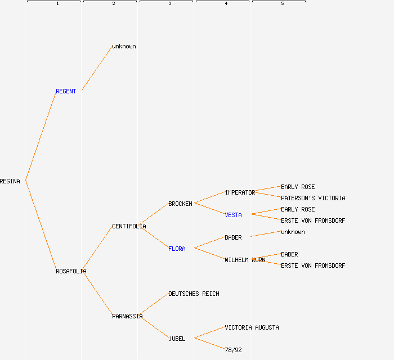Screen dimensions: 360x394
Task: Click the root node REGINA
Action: [10, 181]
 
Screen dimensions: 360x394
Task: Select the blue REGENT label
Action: [66, 91]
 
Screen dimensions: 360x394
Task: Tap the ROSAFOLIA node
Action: [71, 271]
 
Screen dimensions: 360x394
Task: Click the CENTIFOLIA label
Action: [129, 226]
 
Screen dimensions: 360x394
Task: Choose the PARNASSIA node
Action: [127, 316]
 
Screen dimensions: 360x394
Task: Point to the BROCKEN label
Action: [180, 204]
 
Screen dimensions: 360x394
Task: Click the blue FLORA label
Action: [177, 249]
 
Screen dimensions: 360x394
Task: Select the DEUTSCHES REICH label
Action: [194, 294]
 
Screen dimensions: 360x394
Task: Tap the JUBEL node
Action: [177, 339]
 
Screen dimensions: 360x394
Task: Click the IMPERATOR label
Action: [240, 192]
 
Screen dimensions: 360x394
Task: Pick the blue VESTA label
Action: [233, 215]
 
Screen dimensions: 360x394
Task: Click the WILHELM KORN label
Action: [245, 260]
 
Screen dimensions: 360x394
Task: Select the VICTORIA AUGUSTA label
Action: [252, 327]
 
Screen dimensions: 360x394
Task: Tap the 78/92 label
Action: [233, 350]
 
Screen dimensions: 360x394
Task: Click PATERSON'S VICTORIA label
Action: [313, 198]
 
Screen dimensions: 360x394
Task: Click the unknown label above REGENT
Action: [124, 46]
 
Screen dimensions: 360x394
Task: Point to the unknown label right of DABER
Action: [293, 232]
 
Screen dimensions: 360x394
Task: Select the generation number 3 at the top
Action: [170, 4]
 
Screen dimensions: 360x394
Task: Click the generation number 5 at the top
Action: [283, 4]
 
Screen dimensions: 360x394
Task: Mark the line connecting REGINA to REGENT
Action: [41, 136]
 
